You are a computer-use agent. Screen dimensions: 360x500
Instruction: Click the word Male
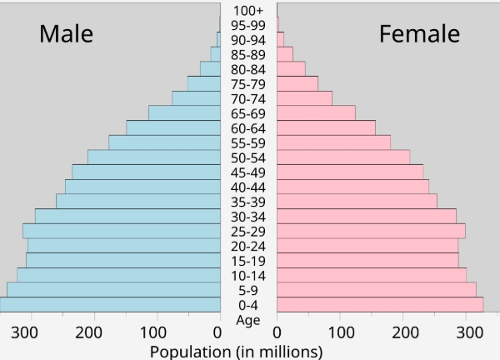(66, 34)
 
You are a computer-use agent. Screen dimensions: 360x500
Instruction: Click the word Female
(419, 34)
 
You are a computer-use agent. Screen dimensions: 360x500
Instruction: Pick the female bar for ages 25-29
(371, 231)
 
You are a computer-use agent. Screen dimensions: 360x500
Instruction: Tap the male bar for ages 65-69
(184, 112)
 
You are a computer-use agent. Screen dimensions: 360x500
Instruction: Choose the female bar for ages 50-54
(343, 157)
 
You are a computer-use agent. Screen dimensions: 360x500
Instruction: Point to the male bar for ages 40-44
(142, 187)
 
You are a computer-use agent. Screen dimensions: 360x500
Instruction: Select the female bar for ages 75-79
(297, 83)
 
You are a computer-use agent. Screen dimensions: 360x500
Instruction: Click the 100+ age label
(248, 11)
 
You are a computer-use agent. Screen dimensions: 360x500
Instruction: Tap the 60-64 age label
(248, 128)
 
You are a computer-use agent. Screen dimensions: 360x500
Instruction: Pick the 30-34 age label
(248, 217)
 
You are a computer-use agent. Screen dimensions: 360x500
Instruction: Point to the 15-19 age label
(248, 261)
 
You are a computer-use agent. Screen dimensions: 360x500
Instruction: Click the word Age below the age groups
(248, 320)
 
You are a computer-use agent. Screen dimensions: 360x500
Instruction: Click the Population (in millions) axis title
(236, 352)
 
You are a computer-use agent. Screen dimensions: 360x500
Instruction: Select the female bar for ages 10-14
(372, 275)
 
